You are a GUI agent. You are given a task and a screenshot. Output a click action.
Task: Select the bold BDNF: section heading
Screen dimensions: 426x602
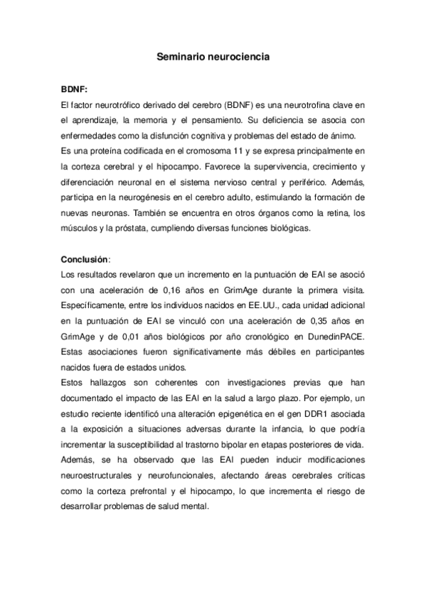(x=75, y=91)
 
